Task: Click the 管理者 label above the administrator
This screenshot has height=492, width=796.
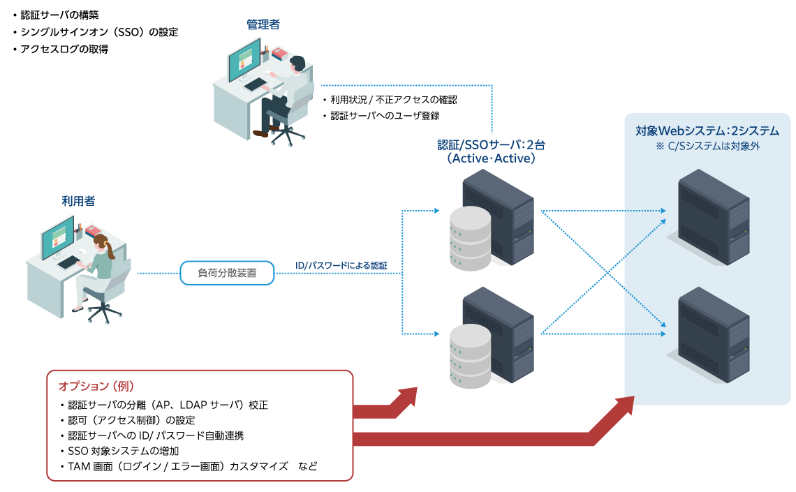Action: [x=263, y=25]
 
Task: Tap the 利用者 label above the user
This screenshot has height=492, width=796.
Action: [x=78, y=201]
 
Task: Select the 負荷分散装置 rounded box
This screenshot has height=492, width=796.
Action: [x=227, y=274]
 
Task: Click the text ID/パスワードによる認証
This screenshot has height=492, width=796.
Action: [x=341, y=266]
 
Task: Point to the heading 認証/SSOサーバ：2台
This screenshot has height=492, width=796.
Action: [x=491, y=144]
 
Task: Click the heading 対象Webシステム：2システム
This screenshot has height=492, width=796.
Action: [x=707, y=131]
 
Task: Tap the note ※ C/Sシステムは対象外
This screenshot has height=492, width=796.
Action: [x=707, y=147]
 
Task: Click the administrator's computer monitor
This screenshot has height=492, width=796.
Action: [x=244, y=59]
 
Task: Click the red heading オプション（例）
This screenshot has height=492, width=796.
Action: [x=96, y=386]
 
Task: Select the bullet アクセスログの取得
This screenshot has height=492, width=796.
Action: [x=64, y=50]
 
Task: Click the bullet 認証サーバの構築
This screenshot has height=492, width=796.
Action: [x=59, y=15]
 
